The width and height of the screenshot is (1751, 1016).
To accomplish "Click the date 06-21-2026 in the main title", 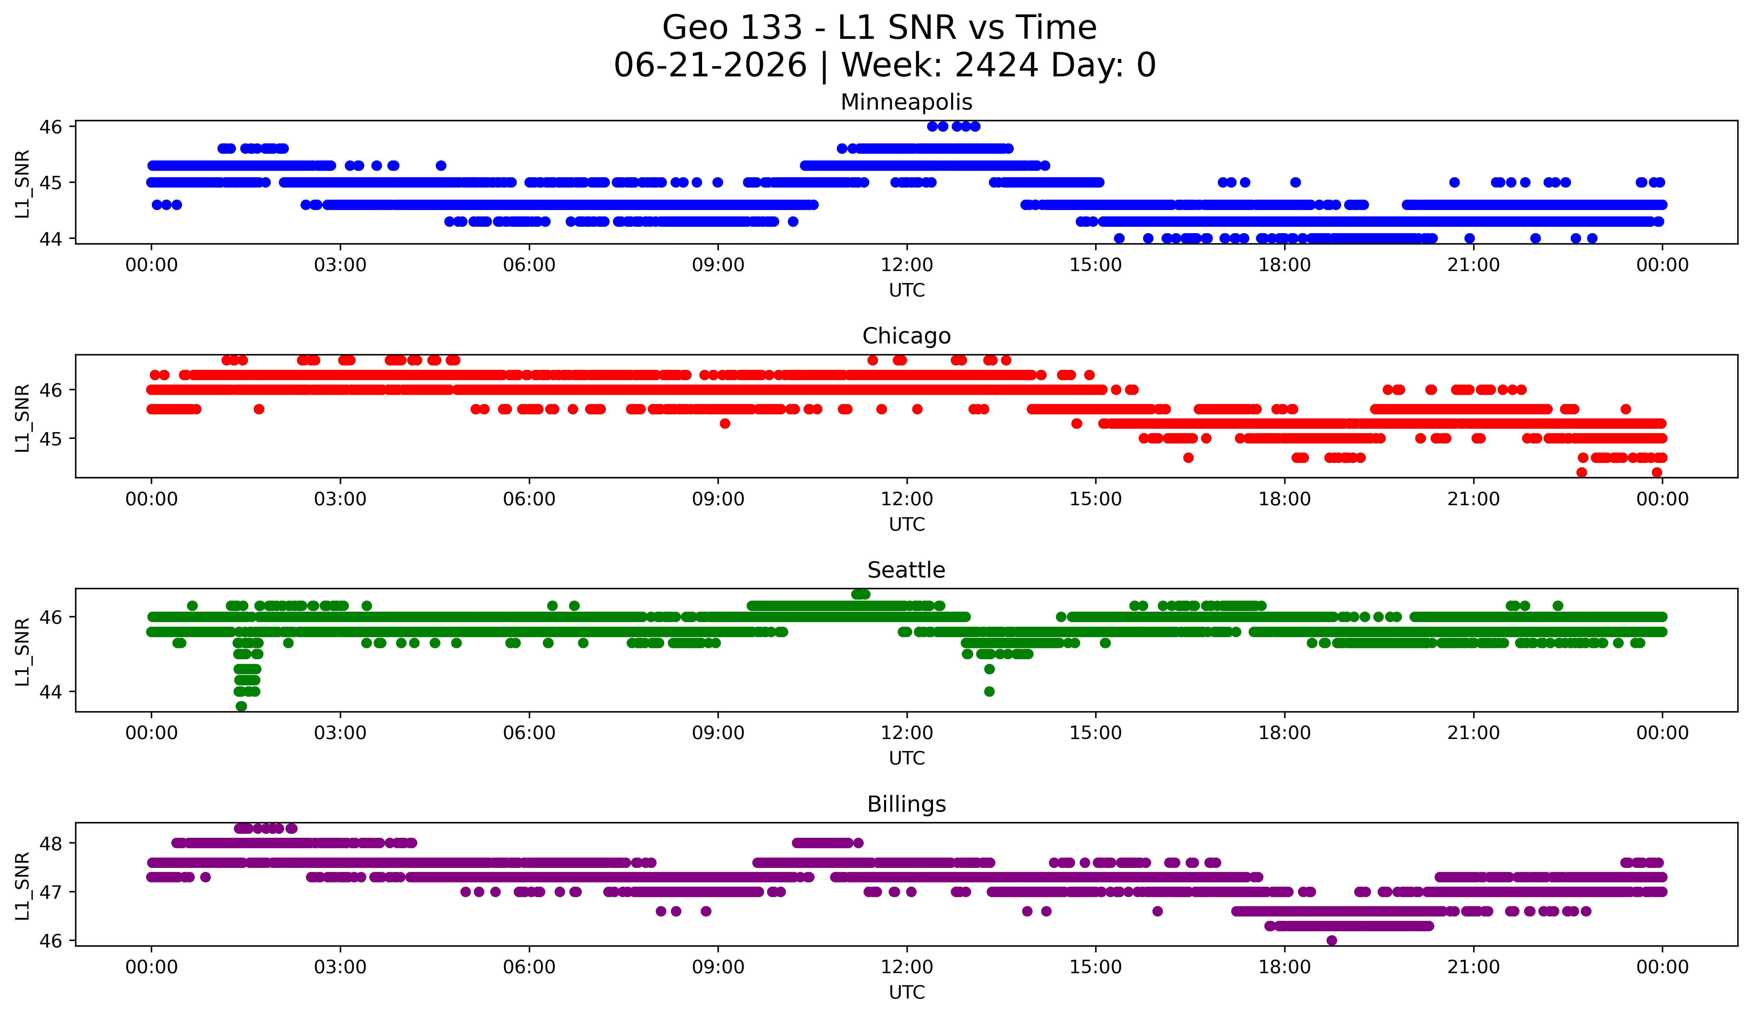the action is [710, 65].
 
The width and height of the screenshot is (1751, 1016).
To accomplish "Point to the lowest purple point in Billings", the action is [1331, 940].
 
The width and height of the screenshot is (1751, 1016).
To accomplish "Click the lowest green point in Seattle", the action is [241, 706].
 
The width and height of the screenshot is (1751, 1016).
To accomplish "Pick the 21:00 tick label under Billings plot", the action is [1474, 967].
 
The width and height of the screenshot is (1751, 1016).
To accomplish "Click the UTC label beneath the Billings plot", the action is [907, 993].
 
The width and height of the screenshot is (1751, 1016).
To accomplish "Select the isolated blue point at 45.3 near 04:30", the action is [441, 165].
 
